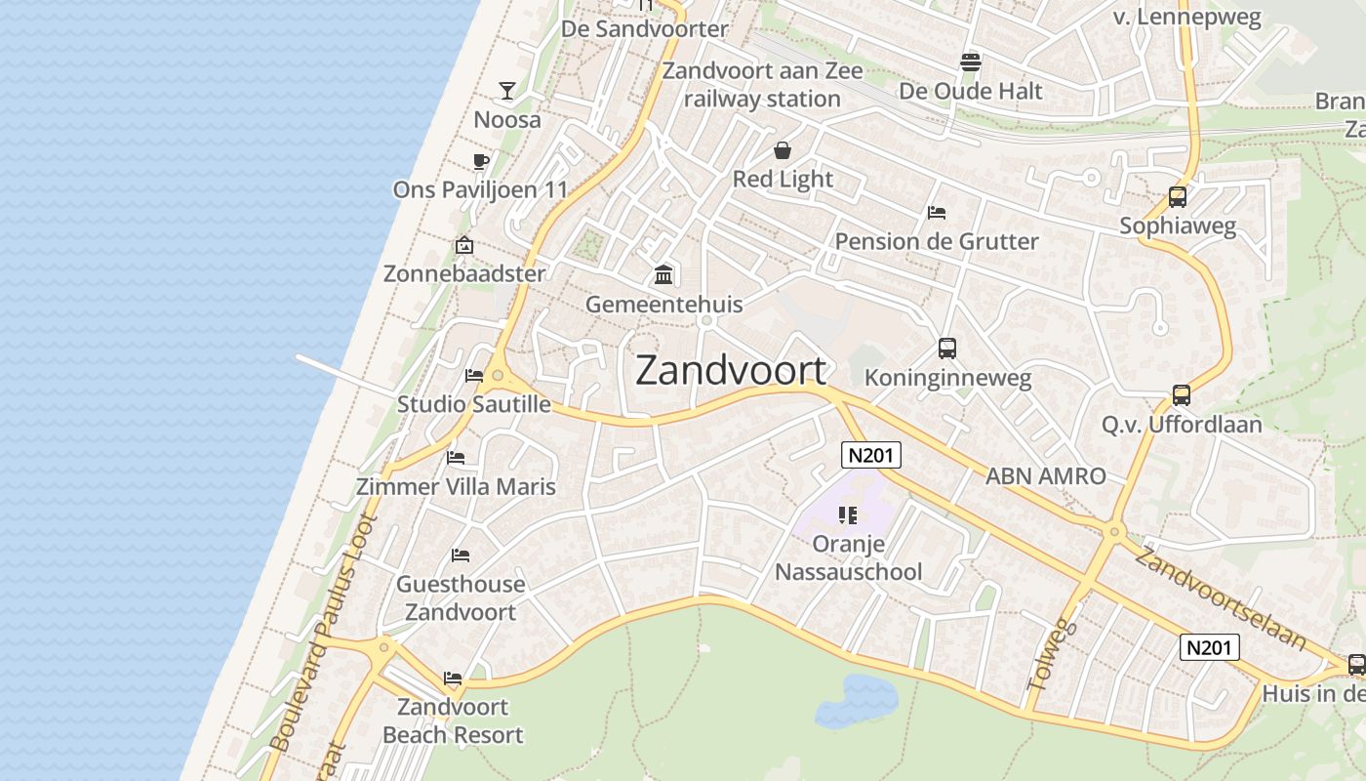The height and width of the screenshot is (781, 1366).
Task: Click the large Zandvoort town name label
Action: click(x=731, y=371)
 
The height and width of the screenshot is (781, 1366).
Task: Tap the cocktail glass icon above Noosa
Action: click(x=507, y=91)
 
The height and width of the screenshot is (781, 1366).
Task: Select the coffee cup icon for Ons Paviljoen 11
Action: click(x=480, y=161)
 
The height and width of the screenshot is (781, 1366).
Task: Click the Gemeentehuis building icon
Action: click(x=664, y=275)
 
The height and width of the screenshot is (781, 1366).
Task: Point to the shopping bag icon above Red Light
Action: click(x=783, y=150)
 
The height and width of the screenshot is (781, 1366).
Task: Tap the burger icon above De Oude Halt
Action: click(x=970, y=62)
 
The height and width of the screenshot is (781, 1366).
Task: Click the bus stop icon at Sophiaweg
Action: click(x=1178, y=197)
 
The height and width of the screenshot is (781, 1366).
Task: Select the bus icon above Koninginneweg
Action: click(x=946, y=349)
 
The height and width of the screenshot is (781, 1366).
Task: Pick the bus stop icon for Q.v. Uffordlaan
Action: click(x=1182, y=395)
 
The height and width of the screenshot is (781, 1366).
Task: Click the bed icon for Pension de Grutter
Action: click(x=937, y=212)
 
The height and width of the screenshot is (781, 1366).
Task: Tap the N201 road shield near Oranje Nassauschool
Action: click(x=871, y=455)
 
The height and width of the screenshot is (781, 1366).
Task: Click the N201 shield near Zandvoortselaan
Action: click(x=1210, y=646)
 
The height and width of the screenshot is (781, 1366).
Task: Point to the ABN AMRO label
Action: click(x=1046, y=476)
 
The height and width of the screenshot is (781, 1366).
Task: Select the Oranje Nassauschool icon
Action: click(x=848, y=514)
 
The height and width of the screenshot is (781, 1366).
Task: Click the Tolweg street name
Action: click(x=1053, y=654)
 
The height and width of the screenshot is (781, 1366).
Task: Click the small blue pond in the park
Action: click(x=856, y=702)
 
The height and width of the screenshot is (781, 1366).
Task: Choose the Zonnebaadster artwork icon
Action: click(x=464, y=245)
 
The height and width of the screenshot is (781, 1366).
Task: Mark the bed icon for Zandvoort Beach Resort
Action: click(x=453, y=678)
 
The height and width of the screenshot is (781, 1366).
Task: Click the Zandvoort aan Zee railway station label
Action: click(x=762, y=85)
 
